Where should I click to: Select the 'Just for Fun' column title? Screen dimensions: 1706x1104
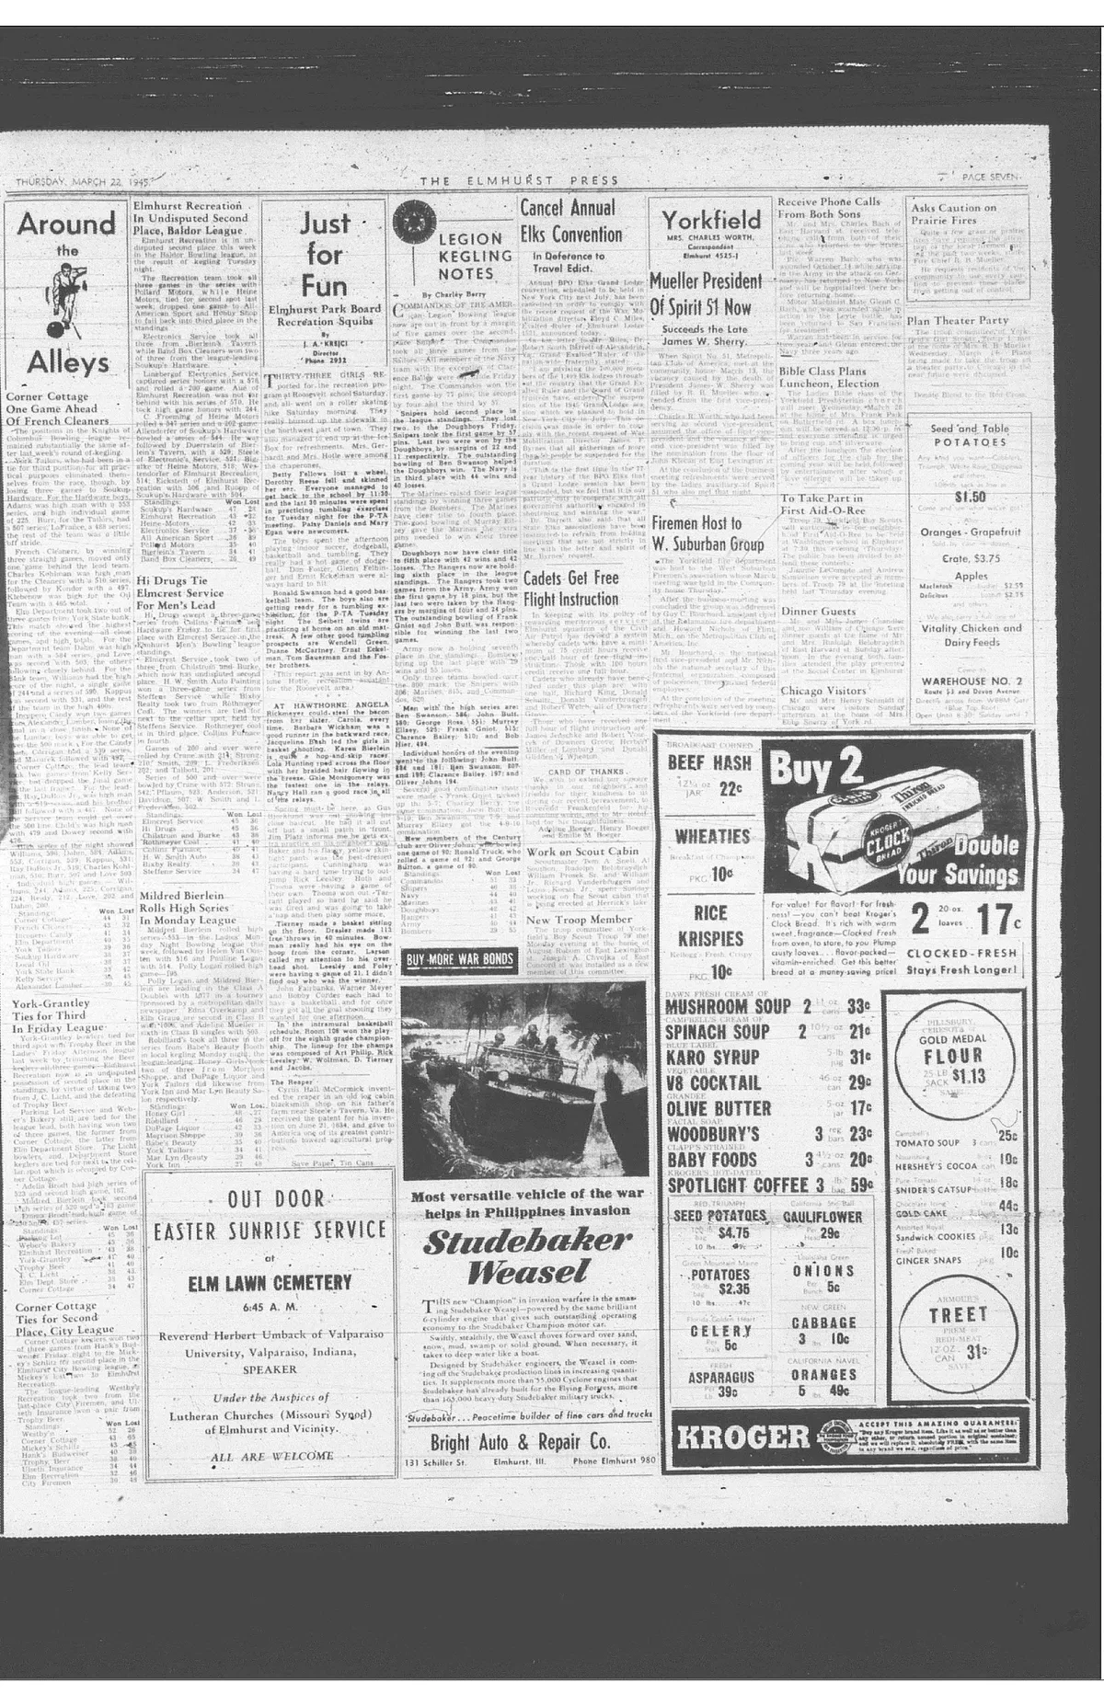pyautogui.click(x=324, y=253)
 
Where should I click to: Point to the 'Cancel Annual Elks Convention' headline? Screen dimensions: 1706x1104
pyautogui.click(x=572, y=222)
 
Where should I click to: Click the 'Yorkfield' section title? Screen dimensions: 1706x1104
pyautogui.click(x=711, y=220)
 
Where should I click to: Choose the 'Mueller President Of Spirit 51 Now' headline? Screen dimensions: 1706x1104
pyautogui.click(x=707, y=294)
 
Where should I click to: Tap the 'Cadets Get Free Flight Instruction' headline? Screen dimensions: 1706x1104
pyautogui.click(x=570, y=589)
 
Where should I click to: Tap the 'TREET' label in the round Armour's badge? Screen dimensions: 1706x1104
pyautogui.click(x=958, y=1314)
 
